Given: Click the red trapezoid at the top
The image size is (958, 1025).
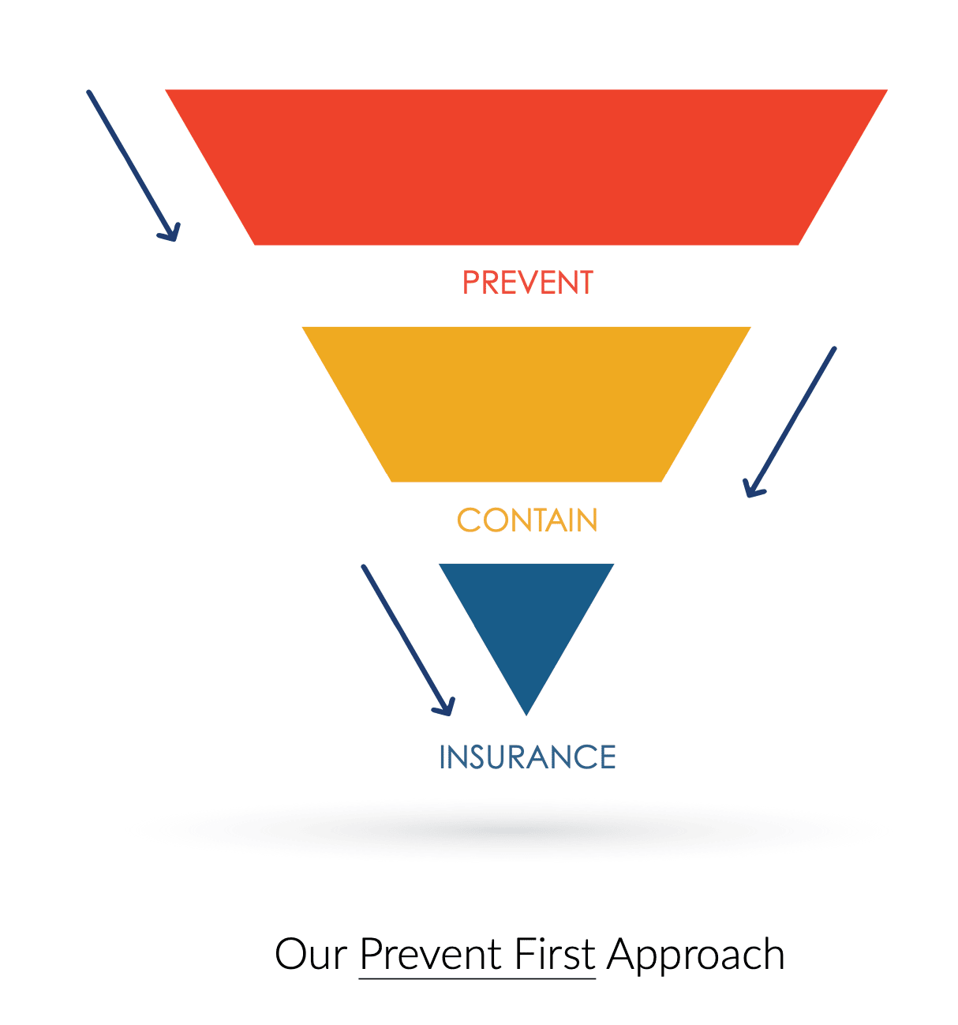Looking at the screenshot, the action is (526, 167).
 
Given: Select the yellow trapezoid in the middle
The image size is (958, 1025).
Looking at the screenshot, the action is (526, 404).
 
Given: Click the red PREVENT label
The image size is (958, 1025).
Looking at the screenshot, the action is (528, 283).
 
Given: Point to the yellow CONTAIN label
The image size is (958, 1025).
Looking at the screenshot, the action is (527, 520).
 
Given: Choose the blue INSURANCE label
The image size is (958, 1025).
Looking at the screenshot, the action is (527, 757).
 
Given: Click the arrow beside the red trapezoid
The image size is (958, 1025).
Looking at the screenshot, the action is (133, 165).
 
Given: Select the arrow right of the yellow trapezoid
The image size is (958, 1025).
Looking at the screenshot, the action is (789, 422).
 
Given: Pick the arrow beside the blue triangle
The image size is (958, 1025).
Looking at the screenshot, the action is (408, 640).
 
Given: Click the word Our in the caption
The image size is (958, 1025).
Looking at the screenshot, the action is (311, 954).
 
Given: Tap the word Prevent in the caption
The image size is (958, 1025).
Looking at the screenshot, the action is (431, 954).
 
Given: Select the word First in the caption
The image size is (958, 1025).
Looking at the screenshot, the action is (555, 954).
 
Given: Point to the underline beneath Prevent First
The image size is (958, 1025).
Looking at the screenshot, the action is (477, 978).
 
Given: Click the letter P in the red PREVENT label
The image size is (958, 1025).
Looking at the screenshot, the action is (470, 283).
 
